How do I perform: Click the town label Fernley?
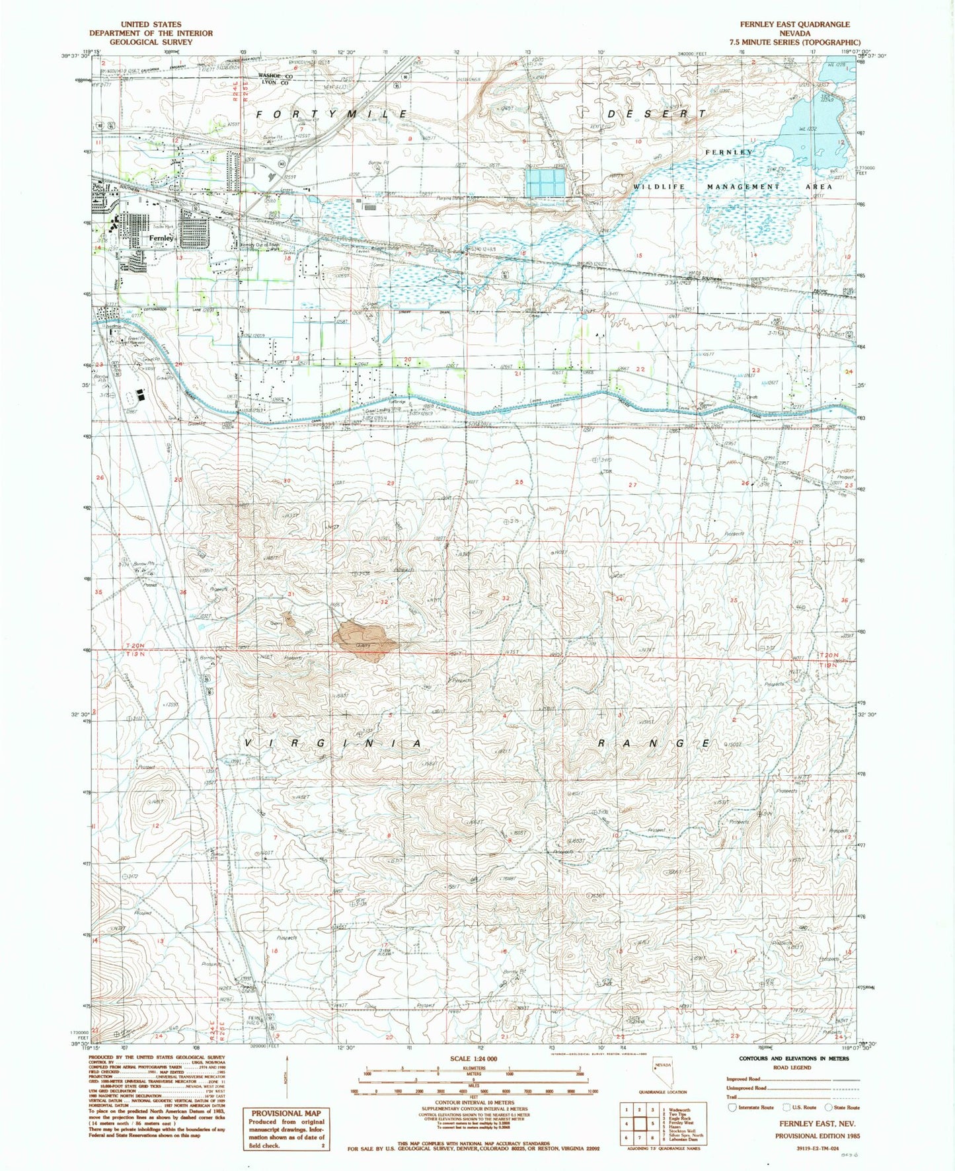161,238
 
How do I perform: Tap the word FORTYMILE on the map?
332,114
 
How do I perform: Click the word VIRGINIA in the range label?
334,743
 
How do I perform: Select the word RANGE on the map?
654,743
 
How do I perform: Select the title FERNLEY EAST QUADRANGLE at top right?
794,24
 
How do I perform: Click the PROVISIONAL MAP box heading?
286,1113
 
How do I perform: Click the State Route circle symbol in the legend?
829,1107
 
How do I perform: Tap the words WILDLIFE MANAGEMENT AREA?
732,187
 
